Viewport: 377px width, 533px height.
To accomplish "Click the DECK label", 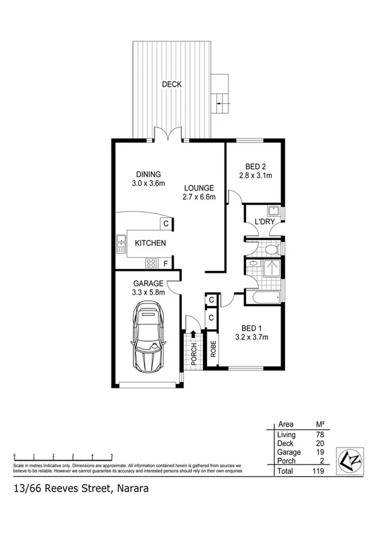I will [x=171, y=84].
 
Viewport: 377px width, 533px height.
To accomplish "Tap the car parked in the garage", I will [x=149, y=336].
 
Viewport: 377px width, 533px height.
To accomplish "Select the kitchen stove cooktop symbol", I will [x=152, y=262].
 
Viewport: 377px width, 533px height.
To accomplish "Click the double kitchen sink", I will [x=120, y=243].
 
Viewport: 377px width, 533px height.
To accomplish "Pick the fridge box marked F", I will [x=166, y=263].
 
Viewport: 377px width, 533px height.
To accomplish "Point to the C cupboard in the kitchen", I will [x=166, y=223].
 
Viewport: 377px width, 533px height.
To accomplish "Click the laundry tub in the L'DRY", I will [x=274, y=210].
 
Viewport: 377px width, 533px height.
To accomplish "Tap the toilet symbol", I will [x=271, y=250].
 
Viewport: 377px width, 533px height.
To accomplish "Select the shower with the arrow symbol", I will [x=273, y=268].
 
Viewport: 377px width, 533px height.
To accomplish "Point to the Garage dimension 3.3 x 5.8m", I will [x=149, y=292].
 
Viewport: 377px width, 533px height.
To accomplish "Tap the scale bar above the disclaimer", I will [x=63, y=455].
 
